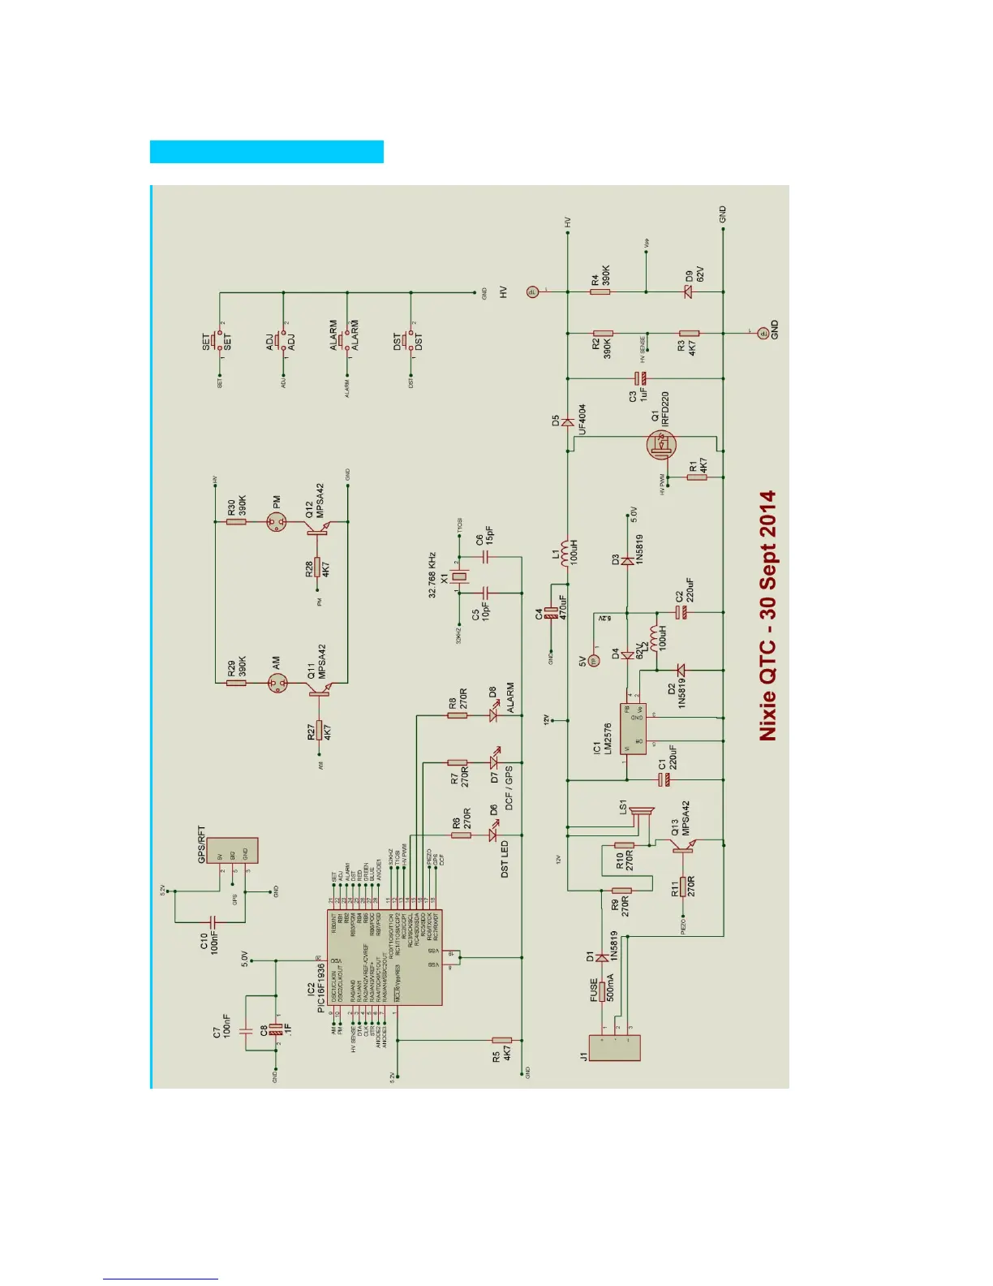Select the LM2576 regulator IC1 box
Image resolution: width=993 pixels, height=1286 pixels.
point(633,729)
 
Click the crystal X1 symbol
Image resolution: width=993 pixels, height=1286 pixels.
point(460,577)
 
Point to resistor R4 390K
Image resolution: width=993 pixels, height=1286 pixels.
point(600,291)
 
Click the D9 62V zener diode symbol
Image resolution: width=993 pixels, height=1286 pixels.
point(689,291)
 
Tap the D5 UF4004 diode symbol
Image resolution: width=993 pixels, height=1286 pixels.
point(568,422)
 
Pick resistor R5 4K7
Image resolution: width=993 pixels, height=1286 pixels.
point(501,1040)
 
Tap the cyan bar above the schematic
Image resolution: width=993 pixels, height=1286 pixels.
point(266,152)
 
